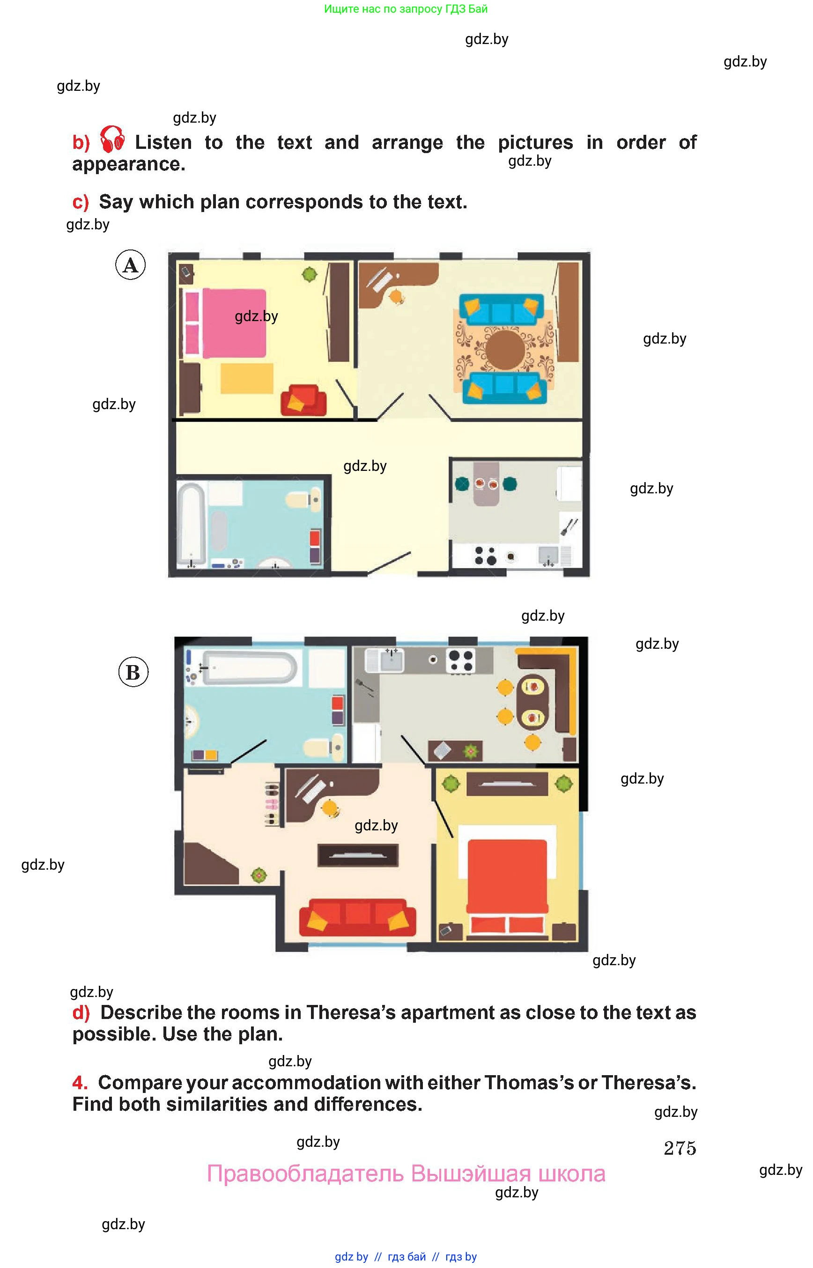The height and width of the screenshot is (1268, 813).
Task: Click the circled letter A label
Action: point(130,264)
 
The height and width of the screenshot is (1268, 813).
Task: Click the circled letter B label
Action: point(133,672)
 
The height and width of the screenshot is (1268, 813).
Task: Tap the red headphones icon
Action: point(112,139)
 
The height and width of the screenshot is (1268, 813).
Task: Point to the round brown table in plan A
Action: point(505,349)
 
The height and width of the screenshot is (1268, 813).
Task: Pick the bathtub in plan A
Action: point(192,524)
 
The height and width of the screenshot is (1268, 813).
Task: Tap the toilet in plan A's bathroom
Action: point(303,498)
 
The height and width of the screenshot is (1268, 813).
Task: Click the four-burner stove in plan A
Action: point(485,555)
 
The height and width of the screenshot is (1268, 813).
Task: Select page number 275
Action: point(680,1148)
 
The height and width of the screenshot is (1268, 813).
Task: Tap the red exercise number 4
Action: point(80,1082)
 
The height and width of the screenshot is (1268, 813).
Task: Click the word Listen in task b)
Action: point(163,142)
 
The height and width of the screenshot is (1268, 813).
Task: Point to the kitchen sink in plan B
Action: point(391,660)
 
